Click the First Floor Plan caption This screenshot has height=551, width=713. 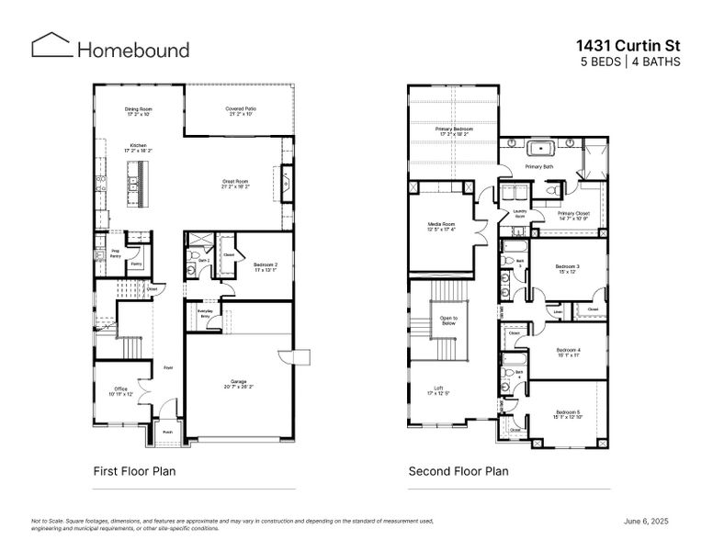click(134, 471)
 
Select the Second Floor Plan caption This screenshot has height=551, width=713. click(458, 471)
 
